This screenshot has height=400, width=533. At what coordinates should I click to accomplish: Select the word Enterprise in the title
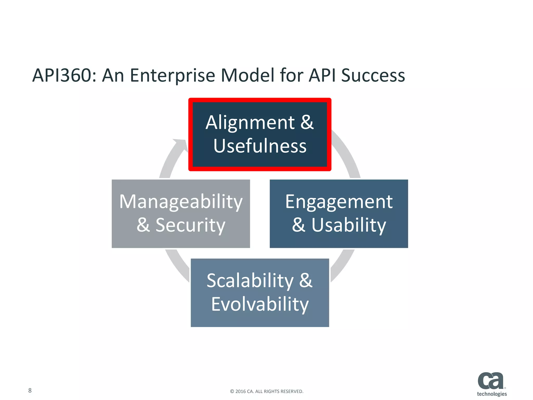coord(172,76)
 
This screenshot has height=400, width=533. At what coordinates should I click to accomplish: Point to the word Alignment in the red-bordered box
coord(250,123)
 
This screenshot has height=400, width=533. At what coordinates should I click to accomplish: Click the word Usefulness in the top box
coord(260,146)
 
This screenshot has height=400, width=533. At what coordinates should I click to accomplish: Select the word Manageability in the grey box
coord(181,202)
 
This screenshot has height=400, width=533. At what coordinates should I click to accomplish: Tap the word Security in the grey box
coord(190,225)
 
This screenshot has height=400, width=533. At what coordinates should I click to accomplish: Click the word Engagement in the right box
coord(339,202)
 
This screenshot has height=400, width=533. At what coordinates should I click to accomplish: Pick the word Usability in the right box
coord(349,225)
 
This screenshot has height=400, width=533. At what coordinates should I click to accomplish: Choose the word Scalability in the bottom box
coord(250,281)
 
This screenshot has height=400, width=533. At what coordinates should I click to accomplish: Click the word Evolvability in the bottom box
coord(260,304)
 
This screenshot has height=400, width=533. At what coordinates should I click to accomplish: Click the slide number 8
coord(30,390)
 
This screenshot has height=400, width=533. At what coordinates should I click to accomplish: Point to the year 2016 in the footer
coord(240,391)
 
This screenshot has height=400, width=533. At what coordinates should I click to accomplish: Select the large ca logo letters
coord(490,381)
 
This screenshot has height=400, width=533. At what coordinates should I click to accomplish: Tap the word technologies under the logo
coord(492,394)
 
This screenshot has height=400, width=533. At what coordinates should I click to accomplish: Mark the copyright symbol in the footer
coord(232,391)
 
